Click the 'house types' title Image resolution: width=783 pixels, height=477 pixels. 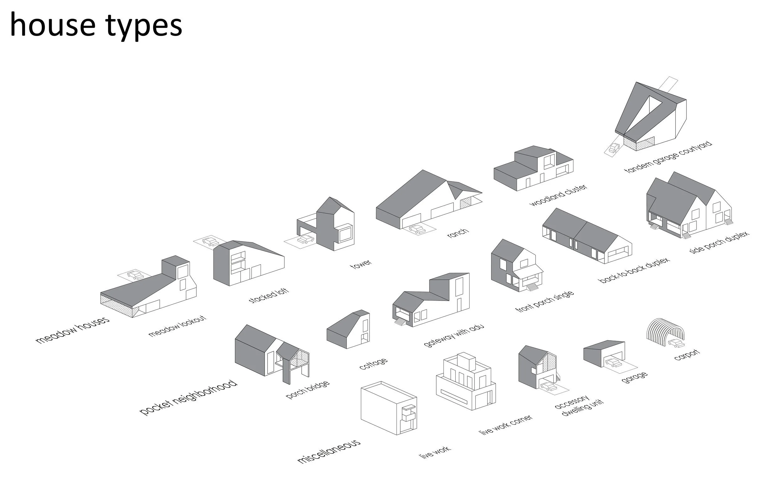coord(96,25)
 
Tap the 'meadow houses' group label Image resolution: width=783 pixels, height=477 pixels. coord(73,330)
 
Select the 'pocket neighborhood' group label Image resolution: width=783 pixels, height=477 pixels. coord(189,397)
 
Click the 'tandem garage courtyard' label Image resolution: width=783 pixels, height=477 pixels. coord(668,157)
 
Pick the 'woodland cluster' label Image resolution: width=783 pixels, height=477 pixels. coord(558,195)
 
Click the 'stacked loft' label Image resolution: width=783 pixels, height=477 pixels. coord(268,296)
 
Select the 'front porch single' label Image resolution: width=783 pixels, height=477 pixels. coord(544,302)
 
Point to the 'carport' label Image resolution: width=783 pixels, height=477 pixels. coord(687,355)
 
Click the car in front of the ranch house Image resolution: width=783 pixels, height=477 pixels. coord(417,229)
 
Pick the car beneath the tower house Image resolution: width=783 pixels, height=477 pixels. coord(306,239)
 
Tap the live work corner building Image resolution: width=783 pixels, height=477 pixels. coord(465,381)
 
